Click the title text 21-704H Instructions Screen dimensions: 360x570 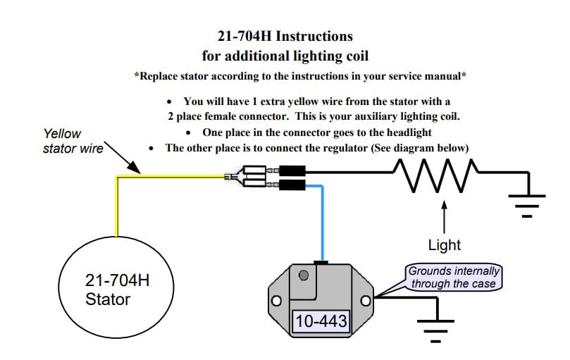click(x=286, y=35)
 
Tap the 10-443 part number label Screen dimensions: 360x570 click(x=321, y=322)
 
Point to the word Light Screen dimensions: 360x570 click(x=444, y=245)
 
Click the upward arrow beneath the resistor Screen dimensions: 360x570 click(x=444, y=216)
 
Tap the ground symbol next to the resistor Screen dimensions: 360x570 click(x=526, y=202)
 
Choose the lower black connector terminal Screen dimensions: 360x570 click(x=291, y=185)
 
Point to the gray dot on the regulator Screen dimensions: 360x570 click(x=304, y=275)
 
